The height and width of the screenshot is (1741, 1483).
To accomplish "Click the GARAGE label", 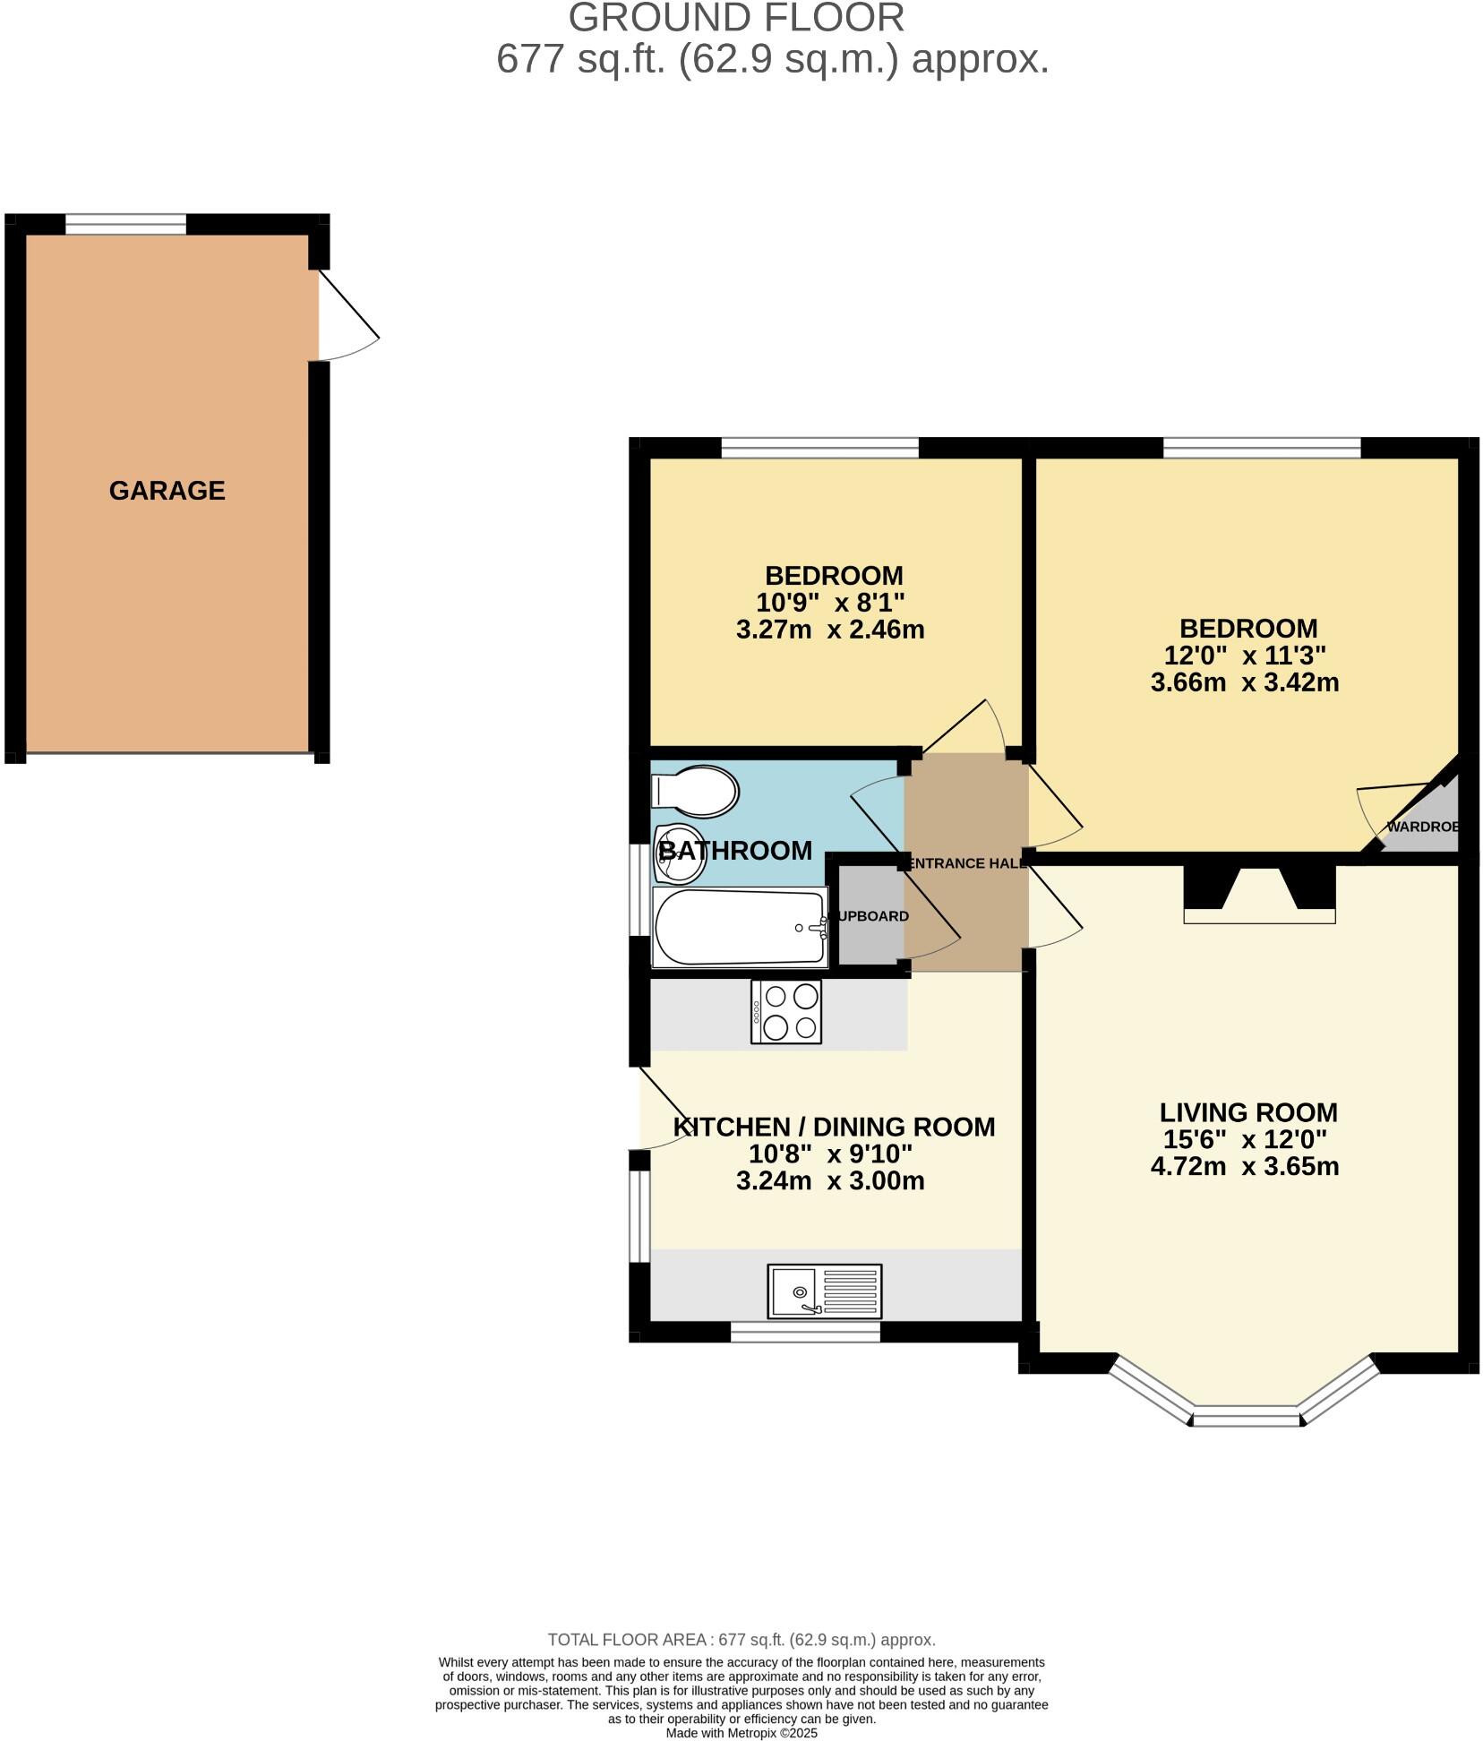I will pyautogui.click(x=167, y=490).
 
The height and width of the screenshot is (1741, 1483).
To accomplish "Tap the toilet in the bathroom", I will pyautogui.click(x=697, y=791).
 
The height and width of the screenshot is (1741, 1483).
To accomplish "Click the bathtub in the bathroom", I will pyautogui.click(x=740, y=927).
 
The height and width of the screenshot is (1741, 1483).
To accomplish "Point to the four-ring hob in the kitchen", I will pyautogui.click(x=786, y=1011).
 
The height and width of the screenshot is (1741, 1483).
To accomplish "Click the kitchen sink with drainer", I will pyautogui.click(x=824, y=1291).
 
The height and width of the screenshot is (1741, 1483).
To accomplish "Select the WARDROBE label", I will pyautogui.click(x=1422, y=827).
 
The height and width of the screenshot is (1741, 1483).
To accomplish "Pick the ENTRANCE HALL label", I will pyautogui.click(x=967, y=863).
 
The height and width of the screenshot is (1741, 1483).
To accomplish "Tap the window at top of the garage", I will pyautogui.click(x=125, y=223).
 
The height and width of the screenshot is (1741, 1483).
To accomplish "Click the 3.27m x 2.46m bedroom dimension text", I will pyautogui.click(x=829, y=630).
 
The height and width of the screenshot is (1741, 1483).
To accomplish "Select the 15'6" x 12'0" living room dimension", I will pyautogui.click(x=1244, y=1139).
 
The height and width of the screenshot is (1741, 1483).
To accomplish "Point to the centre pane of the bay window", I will pyautogui.click(x=1245, y=1416).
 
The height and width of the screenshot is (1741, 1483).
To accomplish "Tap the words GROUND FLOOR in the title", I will pyautogui.click(x=736, y=18).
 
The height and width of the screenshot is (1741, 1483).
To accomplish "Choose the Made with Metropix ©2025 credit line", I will pyautogui.click(x=741, y=1733).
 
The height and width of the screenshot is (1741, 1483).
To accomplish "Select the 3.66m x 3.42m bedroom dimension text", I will pyautogui.click(x=1244, y=682).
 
